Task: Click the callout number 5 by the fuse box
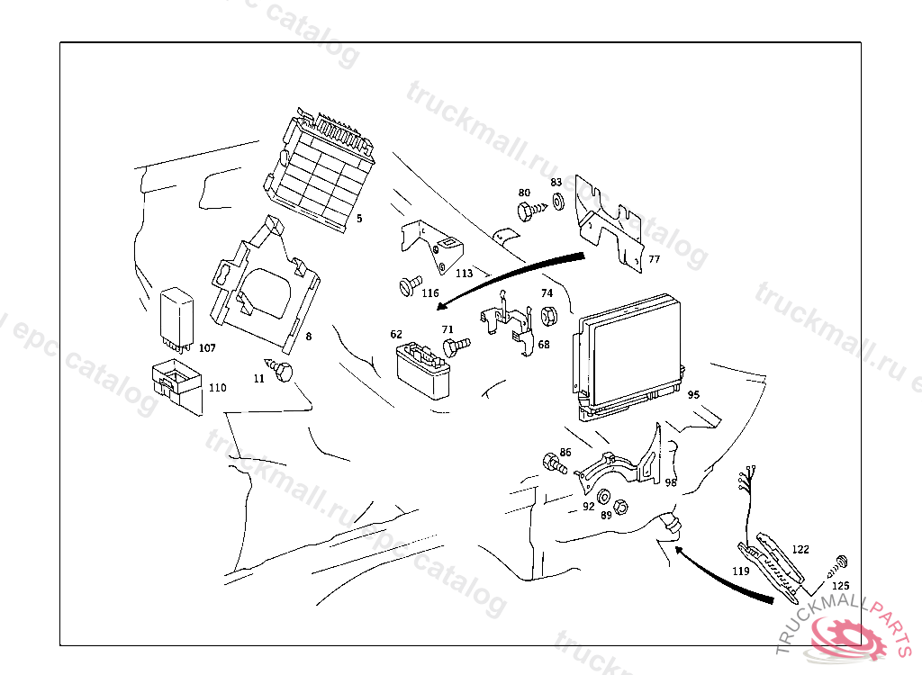coord(358,219)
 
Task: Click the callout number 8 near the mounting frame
coord(309,337)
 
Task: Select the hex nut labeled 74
coord(546,315)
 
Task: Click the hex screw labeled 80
coord(529,212)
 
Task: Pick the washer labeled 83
coord(557,200)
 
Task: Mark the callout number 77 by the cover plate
coord(654,259)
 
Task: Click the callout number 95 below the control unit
coord(693,394)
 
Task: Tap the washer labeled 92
coord(602,498)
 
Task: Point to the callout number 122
coord(800,548)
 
